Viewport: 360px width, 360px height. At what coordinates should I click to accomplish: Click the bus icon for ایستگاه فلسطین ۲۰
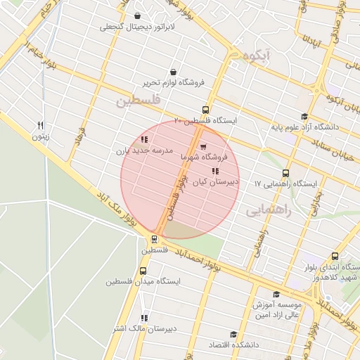pos(205,110)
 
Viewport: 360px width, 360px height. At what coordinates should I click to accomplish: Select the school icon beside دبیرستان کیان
pos(214,171)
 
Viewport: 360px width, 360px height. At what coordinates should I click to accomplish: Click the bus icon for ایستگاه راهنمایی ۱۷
pos(285,173)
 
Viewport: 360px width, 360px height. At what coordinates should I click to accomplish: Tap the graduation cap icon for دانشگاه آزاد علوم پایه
pos(304,117)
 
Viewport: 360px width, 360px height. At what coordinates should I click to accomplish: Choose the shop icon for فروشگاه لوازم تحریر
pos(174,72)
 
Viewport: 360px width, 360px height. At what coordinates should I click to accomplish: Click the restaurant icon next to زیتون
pos(41,124)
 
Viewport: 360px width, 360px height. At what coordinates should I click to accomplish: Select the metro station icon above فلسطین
pos(154,238)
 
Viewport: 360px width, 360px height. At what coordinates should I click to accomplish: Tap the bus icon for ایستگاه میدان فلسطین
pos(143,271)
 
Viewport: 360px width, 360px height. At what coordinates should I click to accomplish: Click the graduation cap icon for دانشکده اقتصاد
pos(233,334)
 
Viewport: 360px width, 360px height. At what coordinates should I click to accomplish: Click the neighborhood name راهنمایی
pos(265,209)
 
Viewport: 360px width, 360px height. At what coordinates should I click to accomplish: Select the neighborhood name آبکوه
pos(255,55)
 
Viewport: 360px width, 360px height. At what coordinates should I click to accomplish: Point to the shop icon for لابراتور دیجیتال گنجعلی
pos(136,16)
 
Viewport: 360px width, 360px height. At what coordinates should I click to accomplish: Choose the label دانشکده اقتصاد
pos(233,345)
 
